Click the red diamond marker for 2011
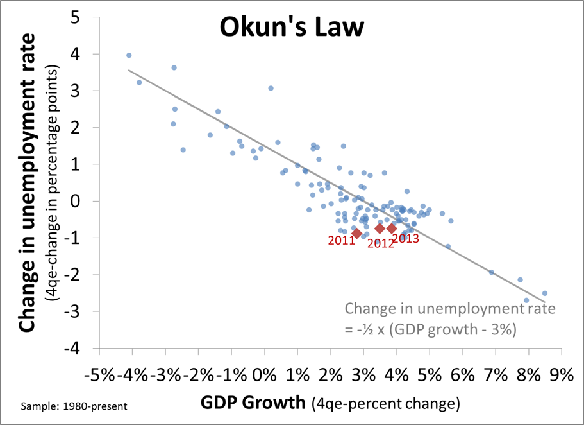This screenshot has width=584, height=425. point(357,232)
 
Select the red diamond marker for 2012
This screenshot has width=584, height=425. point(380,229)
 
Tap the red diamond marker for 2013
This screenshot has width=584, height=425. point(392,228)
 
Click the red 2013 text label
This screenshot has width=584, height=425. point(405,238)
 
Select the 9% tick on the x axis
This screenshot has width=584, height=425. point(559,374)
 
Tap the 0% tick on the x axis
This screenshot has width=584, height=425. point(263,374)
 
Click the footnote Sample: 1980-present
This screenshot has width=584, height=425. point(74,406)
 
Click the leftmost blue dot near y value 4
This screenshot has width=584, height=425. point(129,55)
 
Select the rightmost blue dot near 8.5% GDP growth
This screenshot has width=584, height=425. point(544,293)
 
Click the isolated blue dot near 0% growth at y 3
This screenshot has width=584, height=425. point(271,88)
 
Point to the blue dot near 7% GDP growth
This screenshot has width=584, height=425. point(492,272)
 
